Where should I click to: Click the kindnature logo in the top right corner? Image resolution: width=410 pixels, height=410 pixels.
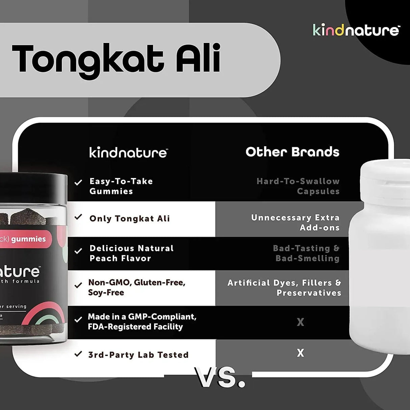pos(356,30)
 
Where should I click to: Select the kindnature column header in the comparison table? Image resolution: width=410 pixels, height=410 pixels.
pos(128,153)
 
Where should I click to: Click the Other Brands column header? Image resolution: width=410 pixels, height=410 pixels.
pos(292,152)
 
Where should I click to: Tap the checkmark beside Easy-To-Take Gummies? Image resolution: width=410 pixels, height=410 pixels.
pos(78,182)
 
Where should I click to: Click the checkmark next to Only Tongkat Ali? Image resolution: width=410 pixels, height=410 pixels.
pos(78,217)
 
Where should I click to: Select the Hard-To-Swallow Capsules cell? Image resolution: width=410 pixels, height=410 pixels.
pos(298,186)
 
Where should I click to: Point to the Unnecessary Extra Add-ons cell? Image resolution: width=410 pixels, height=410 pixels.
pos(296,222)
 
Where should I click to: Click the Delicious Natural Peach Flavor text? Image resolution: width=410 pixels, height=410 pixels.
pos(131,253)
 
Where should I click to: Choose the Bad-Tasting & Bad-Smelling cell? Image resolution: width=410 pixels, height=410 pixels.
pos(306,253)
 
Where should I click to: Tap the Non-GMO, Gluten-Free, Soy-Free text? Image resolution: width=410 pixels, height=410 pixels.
pos(136,287)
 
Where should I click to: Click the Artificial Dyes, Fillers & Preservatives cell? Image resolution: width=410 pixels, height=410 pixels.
pos(284,288)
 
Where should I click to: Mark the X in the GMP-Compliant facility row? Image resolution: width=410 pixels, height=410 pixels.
pos(300,322)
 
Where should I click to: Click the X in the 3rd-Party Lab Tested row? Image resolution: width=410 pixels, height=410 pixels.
pos(300,353)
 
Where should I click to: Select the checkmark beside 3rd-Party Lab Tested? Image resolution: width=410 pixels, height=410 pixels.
pos(78,354)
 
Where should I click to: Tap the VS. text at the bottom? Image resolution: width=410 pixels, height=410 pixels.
pos(220,377)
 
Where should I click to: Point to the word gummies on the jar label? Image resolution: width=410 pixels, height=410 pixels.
pos(28,239)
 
